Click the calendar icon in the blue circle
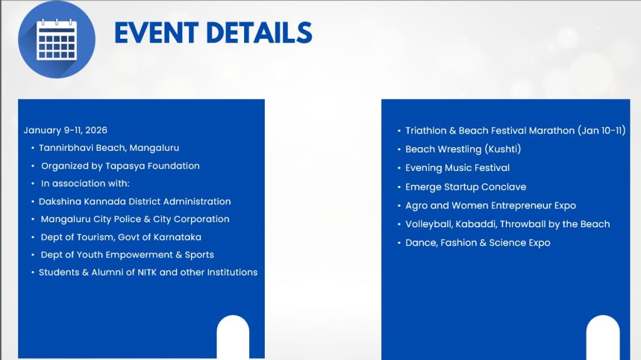coord(56,39)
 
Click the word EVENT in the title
coord(156,33)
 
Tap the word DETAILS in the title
coord(259,33)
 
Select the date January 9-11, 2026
coord(65,130)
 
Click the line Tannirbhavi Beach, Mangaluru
coord(109,148)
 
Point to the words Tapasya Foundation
coord(153,166)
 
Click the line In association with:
coord(85,183)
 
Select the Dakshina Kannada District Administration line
coord(135,201)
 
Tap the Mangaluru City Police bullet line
coord(135,219)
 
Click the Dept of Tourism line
coord(121,237)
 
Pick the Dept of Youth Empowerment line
coord(127,254)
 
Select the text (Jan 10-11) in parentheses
coord(602,130)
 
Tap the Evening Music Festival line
coord(458,168)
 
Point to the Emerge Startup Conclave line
coord(466,187)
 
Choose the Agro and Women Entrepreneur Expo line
coord(491,205)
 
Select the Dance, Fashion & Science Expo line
coord(478,242)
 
